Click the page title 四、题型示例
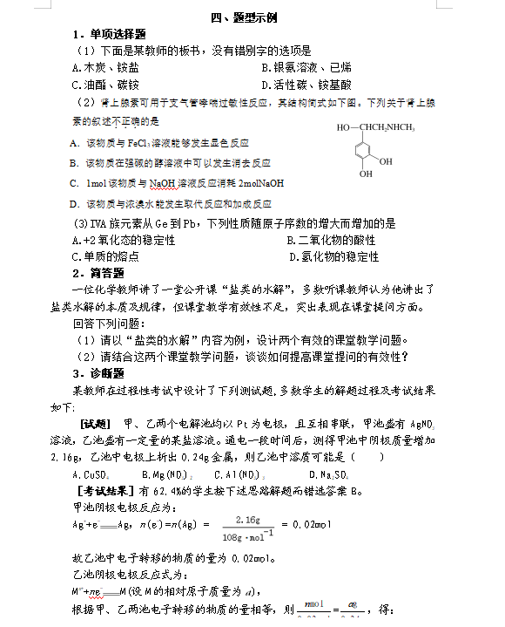pyautogui.click(x=252, y=17)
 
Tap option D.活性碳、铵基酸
pyautogui.click(x=306, y=85)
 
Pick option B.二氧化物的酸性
pyautogui.click(x=331, y=240)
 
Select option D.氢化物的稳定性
pyautogui.click(x=334, y=256)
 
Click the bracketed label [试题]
pyautogui.click(x=92, y=422)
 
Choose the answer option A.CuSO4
pyautogui.click(x=91, y=474)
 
